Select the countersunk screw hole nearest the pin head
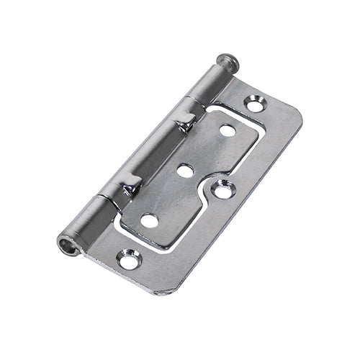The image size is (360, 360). click(256, 104)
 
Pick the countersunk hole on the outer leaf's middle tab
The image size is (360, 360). click(224, 191)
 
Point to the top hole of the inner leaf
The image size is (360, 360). click(228, 130)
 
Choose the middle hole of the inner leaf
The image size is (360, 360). click(186, 171)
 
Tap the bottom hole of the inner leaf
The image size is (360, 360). click(150, 220)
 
